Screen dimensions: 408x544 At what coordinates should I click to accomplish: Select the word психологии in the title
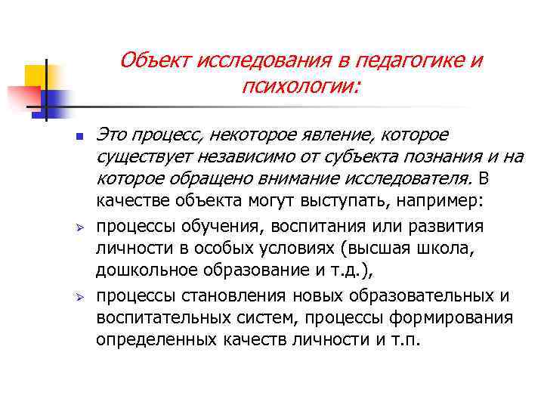click(x=298, y=89)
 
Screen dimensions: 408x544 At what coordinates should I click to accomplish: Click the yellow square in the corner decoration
click(x=37, y=76)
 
